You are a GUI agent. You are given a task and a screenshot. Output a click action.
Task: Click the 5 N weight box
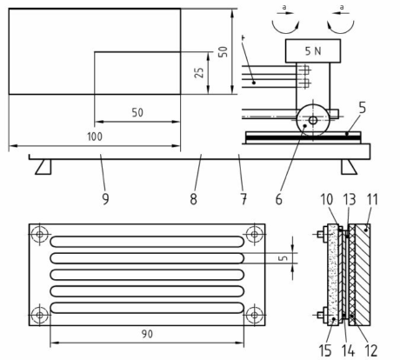[313, 51]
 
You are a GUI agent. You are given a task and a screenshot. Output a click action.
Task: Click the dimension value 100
[95, 137]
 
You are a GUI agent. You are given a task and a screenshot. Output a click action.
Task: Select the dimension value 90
[147, 334]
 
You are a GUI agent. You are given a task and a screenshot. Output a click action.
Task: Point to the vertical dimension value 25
[199, 72]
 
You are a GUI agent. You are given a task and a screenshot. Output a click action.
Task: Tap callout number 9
[105, 199]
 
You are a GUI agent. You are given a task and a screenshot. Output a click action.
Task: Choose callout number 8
[193, 199]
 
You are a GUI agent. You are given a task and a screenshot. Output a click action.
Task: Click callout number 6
[278, 199]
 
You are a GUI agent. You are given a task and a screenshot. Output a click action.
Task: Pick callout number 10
[327, 199]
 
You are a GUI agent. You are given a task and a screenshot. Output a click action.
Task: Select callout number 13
[350, 199]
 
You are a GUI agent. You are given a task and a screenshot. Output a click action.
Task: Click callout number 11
[372, 199]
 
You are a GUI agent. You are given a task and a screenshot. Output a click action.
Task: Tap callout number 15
[325, 350]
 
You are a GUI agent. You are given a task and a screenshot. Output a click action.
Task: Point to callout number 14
[348, 350]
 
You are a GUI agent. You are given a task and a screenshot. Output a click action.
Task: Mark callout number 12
[371, 350]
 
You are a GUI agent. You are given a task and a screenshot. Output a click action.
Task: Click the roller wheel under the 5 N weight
[313, 120]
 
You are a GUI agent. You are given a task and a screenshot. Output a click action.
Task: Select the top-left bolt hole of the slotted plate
[40, 234]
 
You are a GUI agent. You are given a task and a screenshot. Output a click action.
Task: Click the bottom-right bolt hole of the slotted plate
[255, 315]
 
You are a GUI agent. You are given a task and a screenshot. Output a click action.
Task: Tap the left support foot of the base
[43, 167]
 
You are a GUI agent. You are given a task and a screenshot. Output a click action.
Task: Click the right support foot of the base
[349, 167]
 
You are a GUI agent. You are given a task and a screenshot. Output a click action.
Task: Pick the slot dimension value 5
[284, 258]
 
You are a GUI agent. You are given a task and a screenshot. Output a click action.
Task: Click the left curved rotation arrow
[285, 28]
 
